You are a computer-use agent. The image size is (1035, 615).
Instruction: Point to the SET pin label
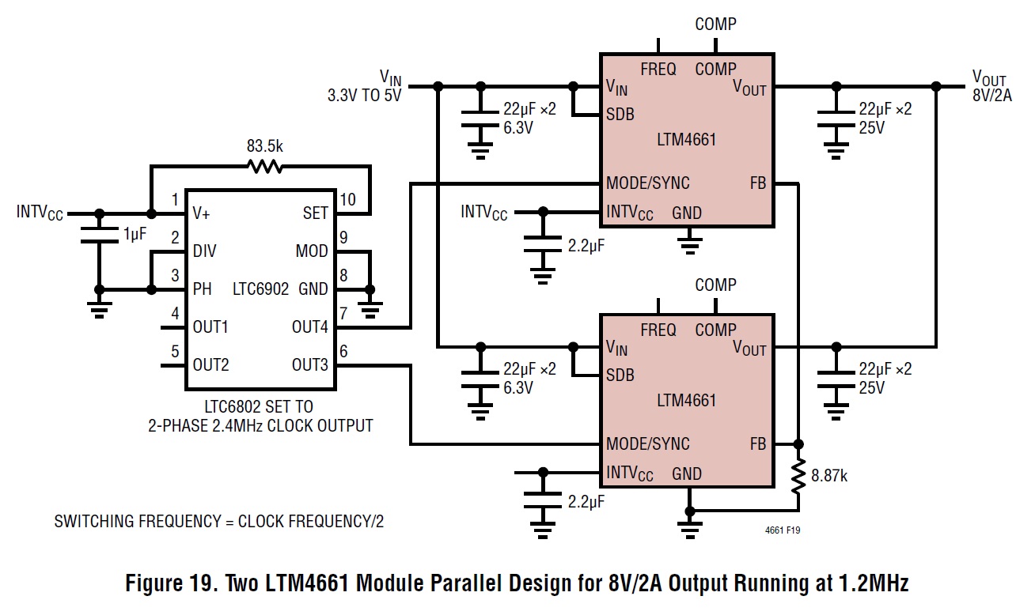315,213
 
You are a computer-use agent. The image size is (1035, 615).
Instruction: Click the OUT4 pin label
309,326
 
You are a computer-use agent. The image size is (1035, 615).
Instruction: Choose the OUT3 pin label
309,364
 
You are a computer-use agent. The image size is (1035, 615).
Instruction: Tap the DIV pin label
204,251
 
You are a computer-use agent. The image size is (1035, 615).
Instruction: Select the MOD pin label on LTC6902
312,251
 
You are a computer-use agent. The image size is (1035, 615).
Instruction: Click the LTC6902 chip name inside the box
260,289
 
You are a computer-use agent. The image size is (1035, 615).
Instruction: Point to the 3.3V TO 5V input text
365,96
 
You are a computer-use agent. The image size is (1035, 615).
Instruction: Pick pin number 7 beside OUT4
343,314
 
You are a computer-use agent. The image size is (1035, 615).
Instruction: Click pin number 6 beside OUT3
343,352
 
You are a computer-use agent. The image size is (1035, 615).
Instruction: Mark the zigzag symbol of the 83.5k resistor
265,167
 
